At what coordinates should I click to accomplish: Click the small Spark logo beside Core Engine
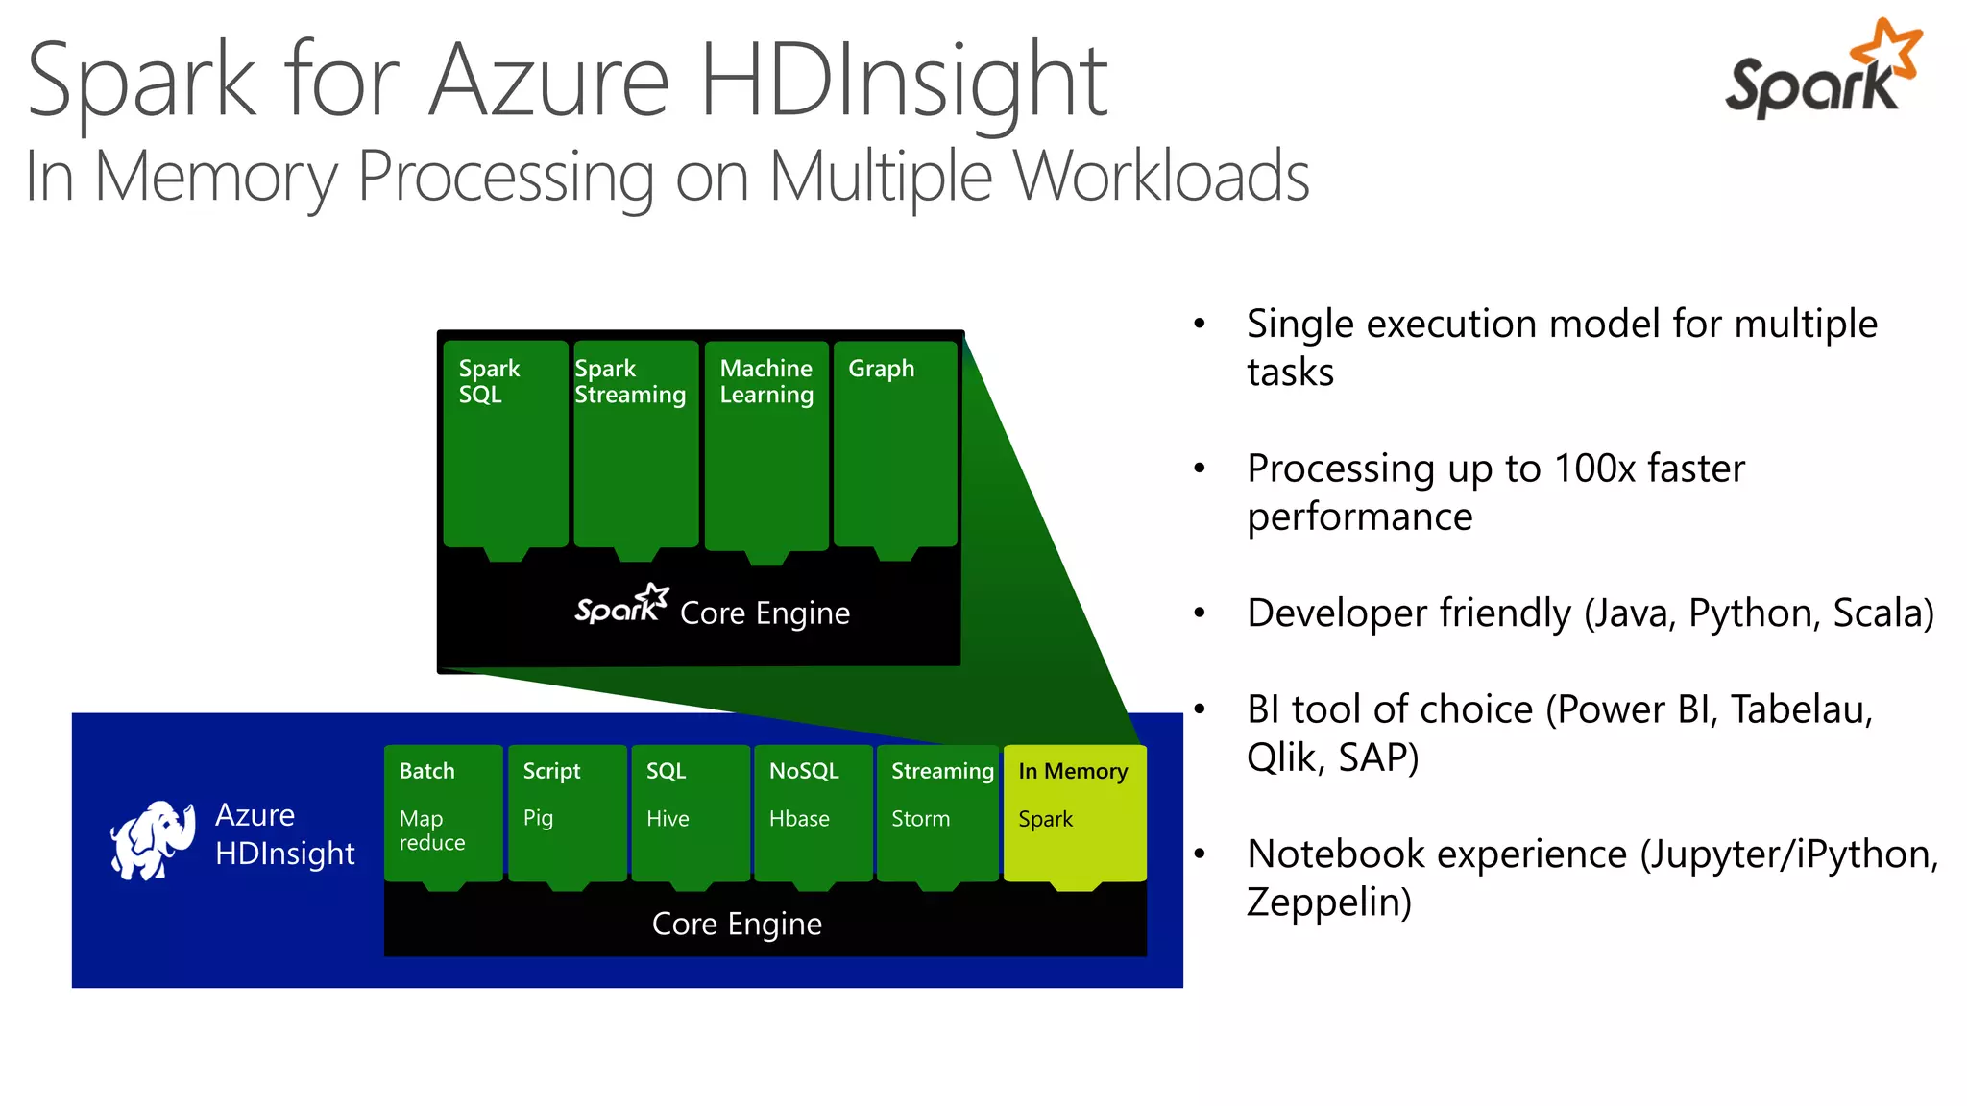click(620, 605)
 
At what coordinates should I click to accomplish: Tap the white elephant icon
click(152, 839)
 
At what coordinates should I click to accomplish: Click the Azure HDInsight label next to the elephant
click(283, 833)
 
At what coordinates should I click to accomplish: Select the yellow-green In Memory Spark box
click(1074, 812)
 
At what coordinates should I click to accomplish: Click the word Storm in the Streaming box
click(920, 819)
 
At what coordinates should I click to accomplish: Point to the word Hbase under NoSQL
click(799, 819)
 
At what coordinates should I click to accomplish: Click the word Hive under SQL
click(668, 819)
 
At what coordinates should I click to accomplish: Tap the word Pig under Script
click(538, 818)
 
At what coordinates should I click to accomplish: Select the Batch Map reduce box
click(443, 812)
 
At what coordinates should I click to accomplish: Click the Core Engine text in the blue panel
click(737, 924)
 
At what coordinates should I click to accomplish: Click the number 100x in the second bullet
click(1593, 469)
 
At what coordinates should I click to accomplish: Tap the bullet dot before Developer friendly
click(1199, 613)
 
